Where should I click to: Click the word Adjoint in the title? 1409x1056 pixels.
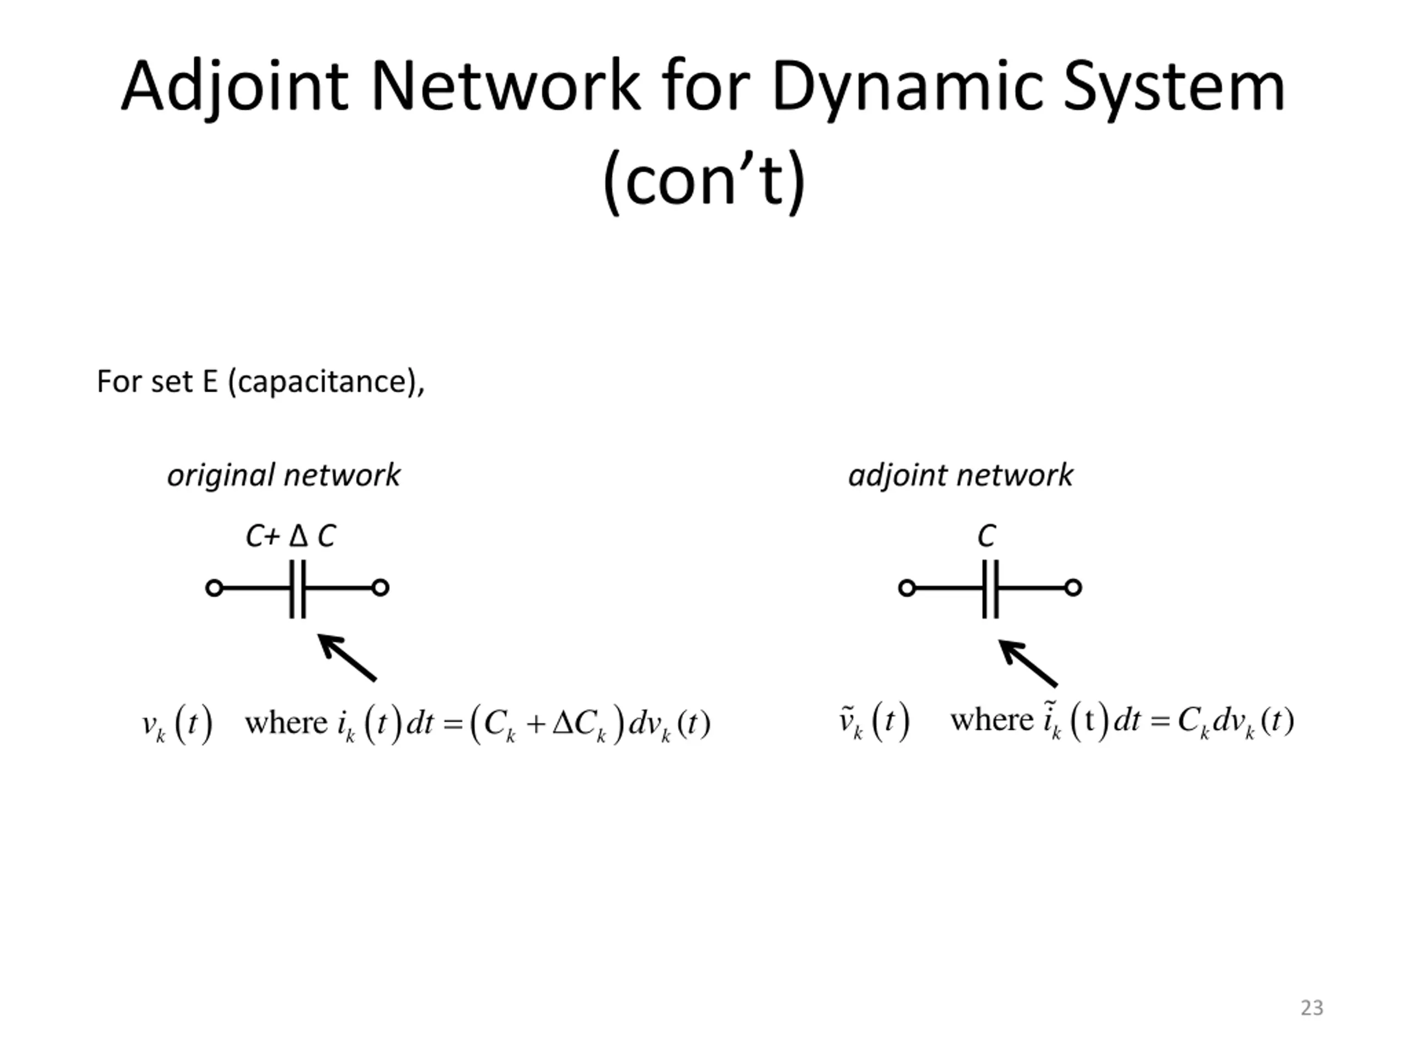235,87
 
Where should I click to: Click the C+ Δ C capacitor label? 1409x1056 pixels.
291,536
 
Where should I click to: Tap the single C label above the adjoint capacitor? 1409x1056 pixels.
986,536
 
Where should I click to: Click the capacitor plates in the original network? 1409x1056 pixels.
297,589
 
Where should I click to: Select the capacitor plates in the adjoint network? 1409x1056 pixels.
991,589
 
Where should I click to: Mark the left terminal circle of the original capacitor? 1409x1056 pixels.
214,588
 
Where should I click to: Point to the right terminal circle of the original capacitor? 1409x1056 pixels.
380,588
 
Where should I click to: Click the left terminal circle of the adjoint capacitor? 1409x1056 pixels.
907,588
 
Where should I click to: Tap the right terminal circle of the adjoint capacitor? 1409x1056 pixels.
1073,588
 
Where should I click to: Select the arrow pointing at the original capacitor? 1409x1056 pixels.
347,658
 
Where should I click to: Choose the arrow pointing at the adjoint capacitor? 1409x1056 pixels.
1028,663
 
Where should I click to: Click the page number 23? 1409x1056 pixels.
1312,1008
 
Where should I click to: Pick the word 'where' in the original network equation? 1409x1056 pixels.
286,723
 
